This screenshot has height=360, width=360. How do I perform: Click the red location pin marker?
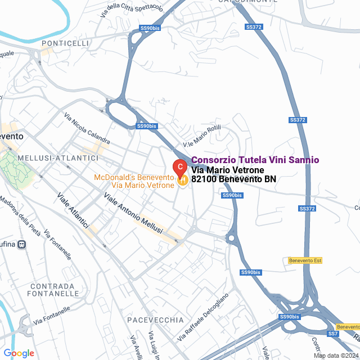click(x=179, y=167)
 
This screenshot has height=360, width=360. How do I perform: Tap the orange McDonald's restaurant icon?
click(x=182, y=181)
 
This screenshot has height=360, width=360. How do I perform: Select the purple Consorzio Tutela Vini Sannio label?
click(x=255, y=160)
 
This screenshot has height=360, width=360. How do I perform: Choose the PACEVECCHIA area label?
click(x=156, y=320)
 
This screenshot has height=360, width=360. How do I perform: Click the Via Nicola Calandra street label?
click(x=87, y=129)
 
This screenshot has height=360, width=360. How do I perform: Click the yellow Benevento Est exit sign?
click(x=304, y=260)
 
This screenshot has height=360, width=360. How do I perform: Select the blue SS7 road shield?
click(x=333, y=334)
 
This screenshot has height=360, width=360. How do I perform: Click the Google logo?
click(x=19, y=353)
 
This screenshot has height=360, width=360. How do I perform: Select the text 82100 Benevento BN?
click(x=233, y=179)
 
